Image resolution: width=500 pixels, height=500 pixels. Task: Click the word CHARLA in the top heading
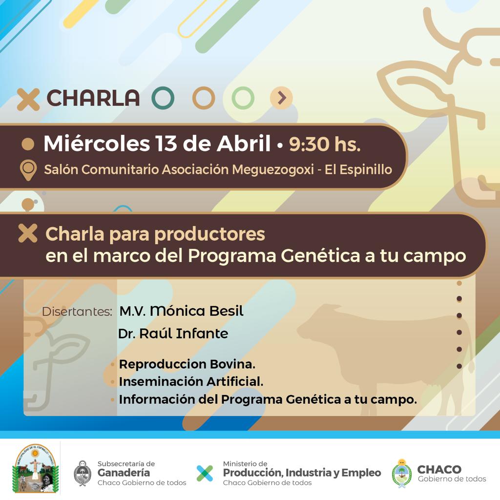[x=93, y=98]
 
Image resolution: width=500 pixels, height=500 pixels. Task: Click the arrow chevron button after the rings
[x=281, y=98]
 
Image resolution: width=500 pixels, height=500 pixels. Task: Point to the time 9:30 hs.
[x=325, y=144]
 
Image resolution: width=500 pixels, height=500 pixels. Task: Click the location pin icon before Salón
[x=28, y=170]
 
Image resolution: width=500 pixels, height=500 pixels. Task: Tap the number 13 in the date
[x=166, y=143]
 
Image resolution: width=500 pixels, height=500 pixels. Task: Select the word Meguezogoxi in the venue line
[x=272, y=169]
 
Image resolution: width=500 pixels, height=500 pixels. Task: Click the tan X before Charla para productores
[x=28, y=233]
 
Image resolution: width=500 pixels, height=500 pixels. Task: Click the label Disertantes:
[x=77, y=312]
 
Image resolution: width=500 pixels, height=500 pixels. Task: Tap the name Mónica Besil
[x=197, y=311]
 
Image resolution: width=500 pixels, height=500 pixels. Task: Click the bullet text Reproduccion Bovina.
[x=187, y=364]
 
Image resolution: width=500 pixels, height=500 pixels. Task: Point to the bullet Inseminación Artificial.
[x=191, y=382]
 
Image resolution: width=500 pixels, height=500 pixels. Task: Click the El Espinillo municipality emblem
[x=35, y=468]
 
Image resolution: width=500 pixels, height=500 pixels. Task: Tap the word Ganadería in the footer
[x=124, y=473]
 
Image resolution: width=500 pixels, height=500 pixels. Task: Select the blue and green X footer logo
[x=205, y=473]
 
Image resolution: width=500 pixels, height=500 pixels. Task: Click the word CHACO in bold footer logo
[x=439, y=469]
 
